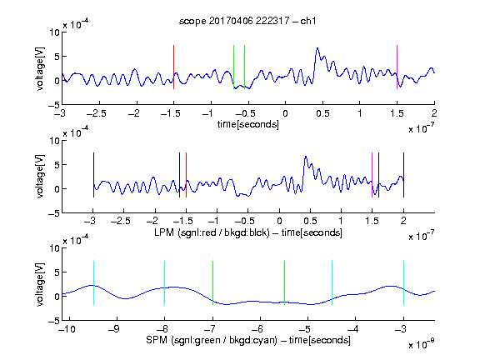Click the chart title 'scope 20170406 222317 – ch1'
pos(247,21)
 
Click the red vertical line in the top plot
pos(173,67)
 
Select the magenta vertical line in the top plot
pos(397,67)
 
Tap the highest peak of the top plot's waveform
pos(317,48)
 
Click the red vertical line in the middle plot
pos(186,175)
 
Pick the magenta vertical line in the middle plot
pos(372,175)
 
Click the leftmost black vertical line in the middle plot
pos(93,175)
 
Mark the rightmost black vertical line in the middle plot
pos(403,175)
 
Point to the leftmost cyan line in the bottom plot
pos(93,282)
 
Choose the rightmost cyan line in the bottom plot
pos(403,282)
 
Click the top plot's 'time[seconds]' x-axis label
pos(248,124)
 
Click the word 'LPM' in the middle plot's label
pos(164,232)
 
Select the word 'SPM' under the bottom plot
pos(157,340)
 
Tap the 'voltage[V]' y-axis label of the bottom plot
pos(40,284)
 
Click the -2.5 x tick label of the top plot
pos(96,113)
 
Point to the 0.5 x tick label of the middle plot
pos(310,221)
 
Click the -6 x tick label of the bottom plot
pos(259,329)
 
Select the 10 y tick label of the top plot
pos(55,32)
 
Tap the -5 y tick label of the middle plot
pos(54,213)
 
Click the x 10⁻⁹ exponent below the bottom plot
pos(422,344)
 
